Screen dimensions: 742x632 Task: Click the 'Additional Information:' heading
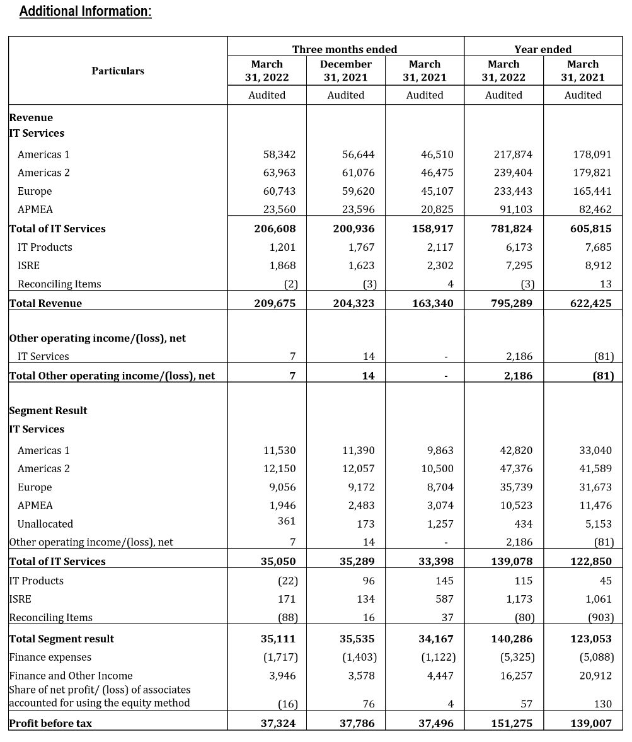pos(86,11)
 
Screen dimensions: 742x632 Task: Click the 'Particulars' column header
pos(118,71)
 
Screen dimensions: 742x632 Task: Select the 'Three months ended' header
pos(345,49)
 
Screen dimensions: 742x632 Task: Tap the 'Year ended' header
pos(543,49)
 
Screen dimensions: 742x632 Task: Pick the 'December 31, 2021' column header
pos(345,71)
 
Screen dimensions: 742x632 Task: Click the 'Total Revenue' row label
pos(45,303)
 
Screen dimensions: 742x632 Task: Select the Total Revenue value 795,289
pos(511,303)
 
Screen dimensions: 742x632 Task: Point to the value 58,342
pos(279,154)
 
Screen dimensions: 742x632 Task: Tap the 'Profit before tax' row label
pos(50,723)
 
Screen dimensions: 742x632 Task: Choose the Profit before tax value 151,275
pos(511,723)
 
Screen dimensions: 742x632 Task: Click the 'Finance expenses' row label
pos(50,657)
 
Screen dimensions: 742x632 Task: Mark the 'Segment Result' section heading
pos(48,410)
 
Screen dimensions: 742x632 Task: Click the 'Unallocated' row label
pos(45,524)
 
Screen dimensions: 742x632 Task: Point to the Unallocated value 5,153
pos(599,524)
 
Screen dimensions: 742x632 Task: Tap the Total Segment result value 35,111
pos(278,639)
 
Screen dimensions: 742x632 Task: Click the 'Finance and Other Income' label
pos(71,676)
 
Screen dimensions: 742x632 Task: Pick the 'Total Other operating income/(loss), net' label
pos(112,376)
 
